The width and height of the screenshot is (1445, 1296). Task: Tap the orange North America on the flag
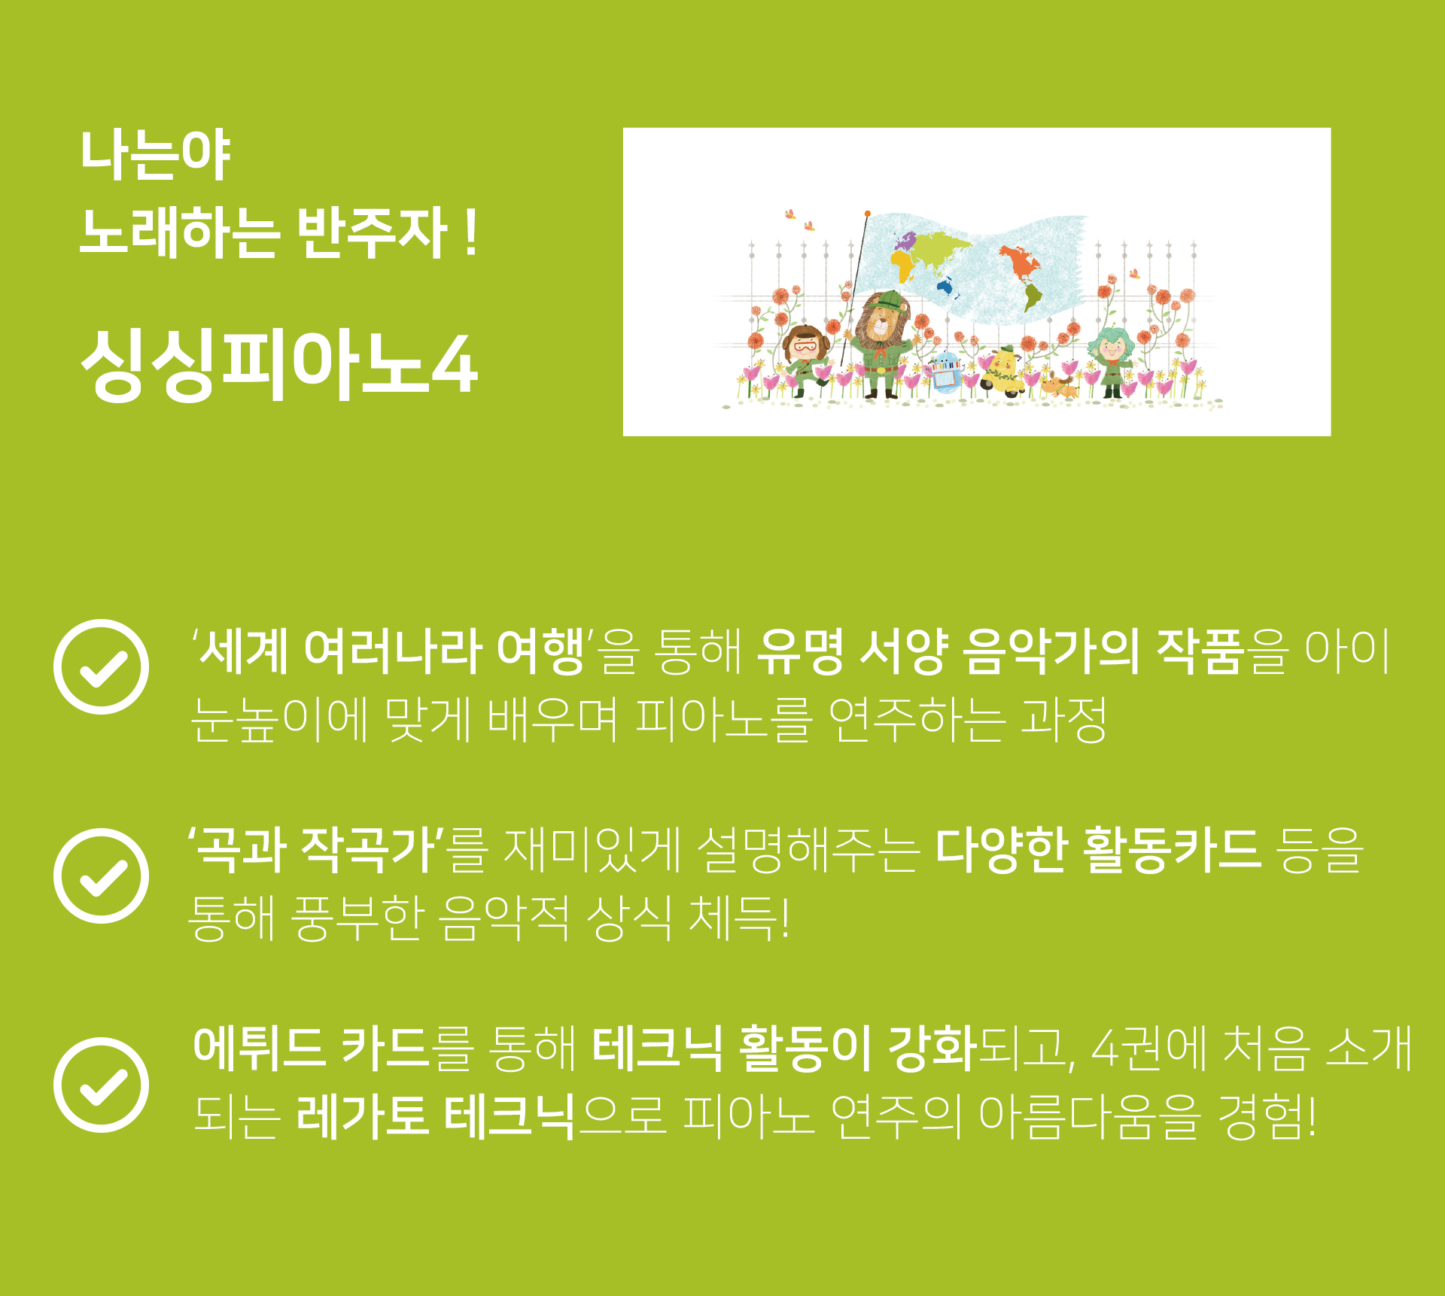pos(1018,261)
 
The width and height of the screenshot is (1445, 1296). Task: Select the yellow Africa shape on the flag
pos(903,265)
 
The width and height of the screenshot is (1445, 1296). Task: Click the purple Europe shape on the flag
pos(905,240)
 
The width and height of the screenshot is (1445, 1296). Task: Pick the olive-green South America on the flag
pos(1033,296)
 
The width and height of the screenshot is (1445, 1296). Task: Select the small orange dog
pos(1060,387)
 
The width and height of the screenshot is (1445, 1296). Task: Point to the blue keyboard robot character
pos(945,372)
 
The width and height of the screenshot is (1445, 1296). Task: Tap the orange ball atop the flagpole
pos(867,214)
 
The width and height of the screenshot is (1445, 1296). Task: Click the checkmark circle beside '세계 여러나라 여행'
pos(101,666)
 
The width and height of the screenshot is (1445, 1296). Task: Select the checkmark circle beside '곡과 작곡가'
pos(101,876)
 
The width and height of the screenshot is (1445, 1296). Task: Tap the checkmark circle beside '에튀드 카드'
pos(101,1085)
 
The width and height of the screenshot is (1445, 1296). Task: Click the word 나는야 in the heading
pos(155,155)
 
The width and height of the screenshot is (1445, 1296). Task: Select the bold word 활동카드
pos(1173,850)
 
